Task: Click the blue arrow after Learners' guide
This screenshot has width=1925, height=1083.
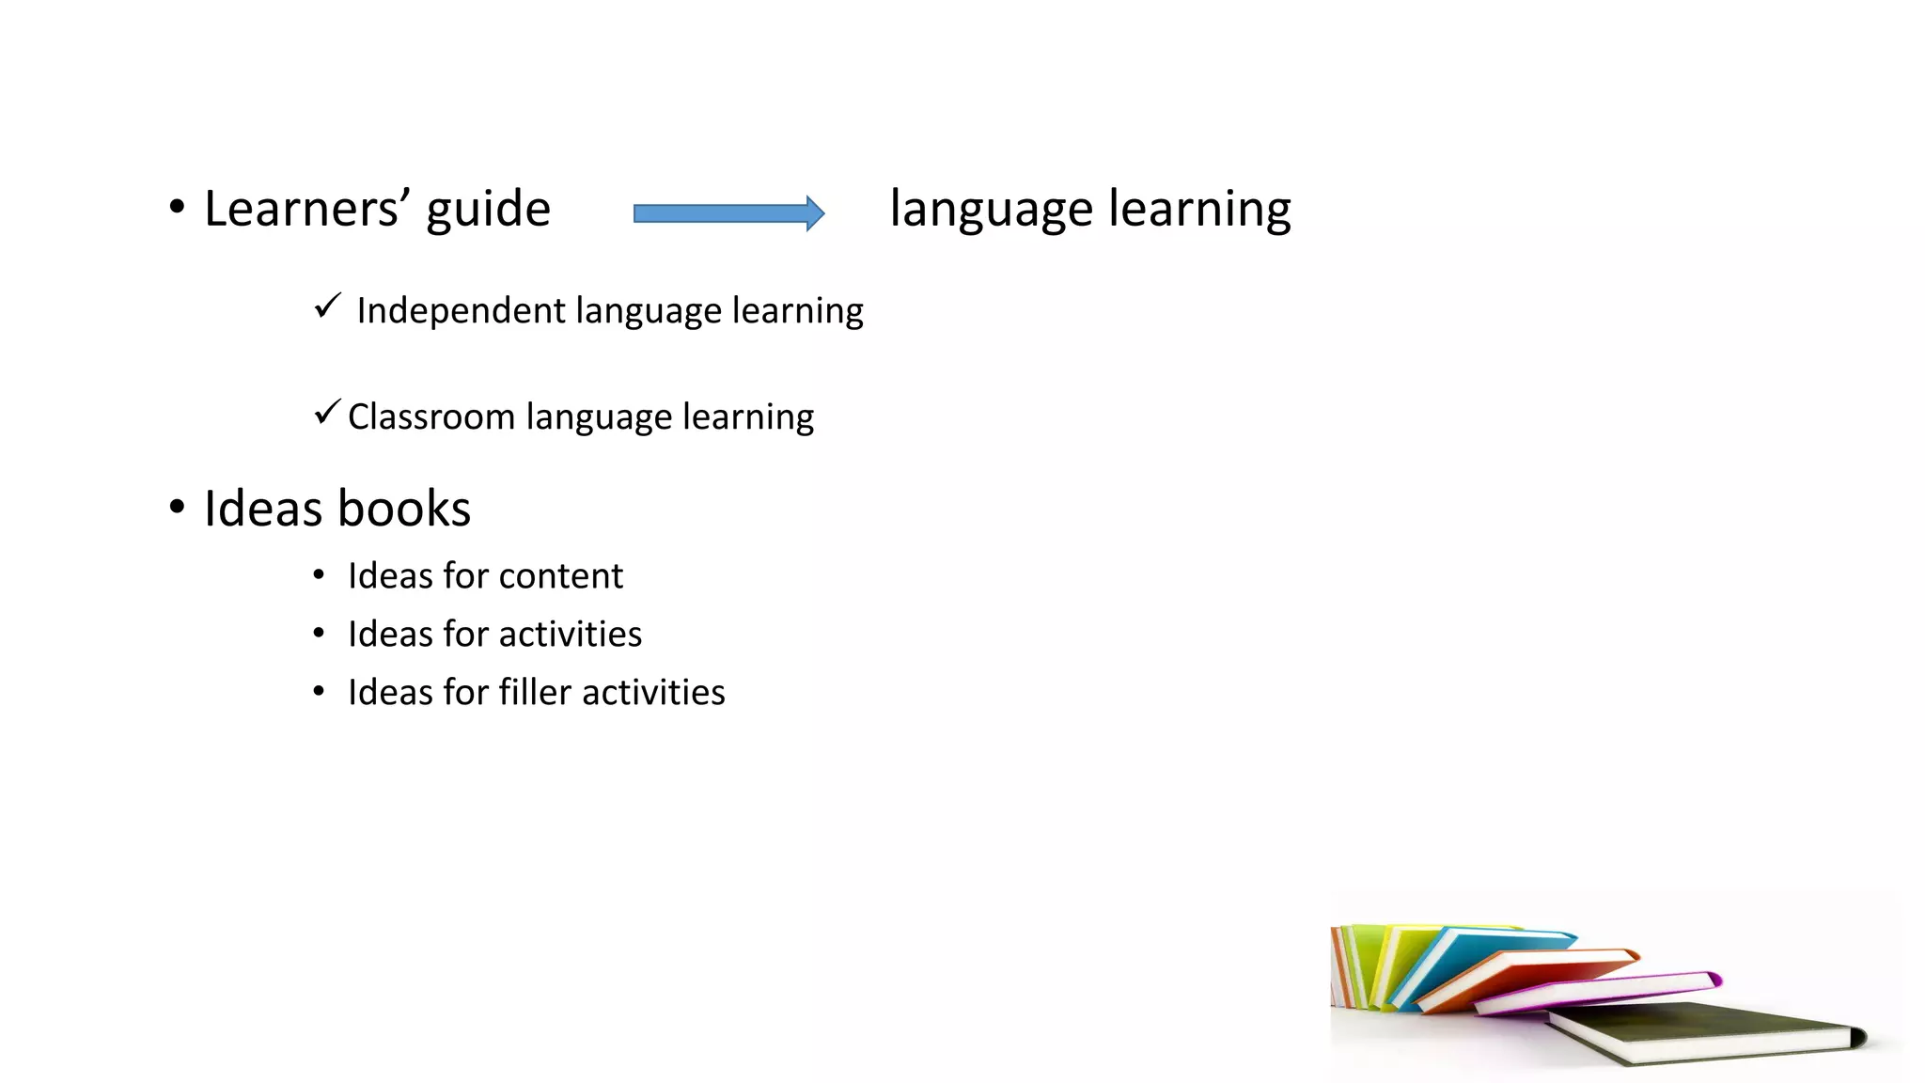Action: tap(728, 213)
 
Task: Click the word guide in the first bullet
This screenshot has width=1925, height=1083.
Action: tap(488, 210)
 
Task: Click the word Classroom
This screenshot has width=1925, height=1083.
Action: tap(430, 416)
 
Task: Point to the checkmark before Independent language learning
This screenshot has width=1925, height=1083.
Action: tap(327, 306)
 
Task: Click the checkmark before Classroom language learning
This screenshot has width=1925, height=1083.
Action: tap(327, 412)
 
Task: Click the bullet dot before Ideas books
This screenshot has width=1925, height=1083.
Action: tap(177, 508)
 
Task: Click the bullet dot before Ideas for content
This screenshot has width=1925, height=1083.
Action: tap(319, 575)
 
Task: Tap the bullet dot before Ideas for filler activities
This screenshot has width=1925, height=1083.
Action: tap(319, 692)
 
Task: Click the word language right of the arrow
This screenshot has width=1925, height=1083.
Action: tap(991, 210)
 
